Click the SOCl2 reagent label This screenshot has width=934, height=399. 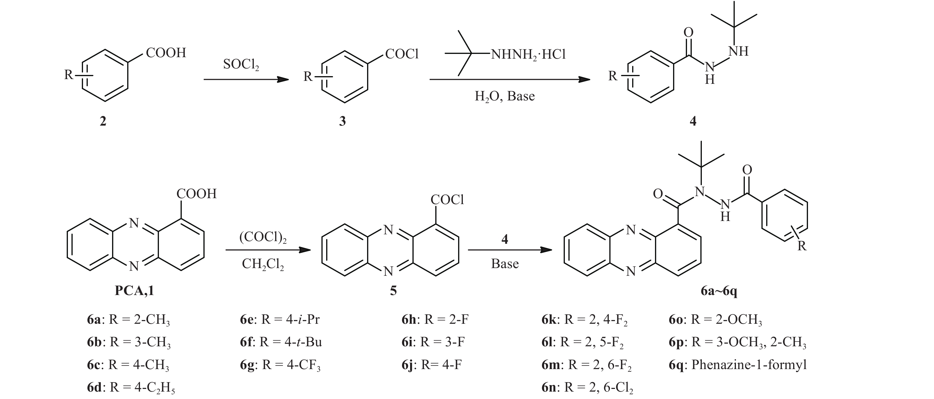click(241, 65)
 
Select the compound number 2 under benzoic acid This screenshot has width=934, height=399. click(103, 121)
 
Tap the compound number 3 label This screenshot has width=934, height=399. click(342, 121)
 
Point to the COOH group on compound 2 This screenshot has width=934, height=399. click(166, 53)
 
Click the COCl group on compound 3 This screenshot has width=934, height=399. click(402, 54)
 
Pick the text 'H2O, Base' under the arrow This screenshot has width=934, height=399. click(505, 96)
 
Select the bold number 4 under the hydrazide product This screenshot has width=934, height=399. click(693, 121)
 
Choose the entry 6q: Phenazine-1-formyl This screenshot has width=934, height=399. click(738, 365)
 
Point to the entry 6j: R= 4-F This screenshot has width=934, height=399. click(431, 365)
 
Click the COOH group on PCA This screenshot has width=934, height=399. click(196, 194)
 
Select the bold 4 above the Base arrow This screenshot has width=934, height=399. click(505, 239)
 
